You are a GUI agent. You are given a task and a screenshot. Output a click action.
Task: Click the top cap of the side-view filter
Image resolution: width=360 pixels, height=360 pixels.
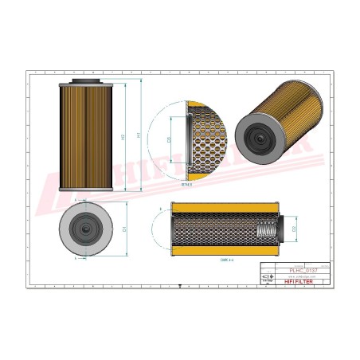pyautogui.click(x=84, y=81)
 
